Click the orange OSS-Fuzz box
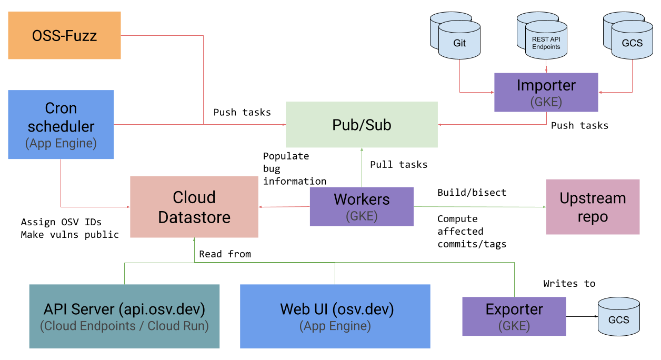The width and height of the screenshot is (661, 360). (64, 35)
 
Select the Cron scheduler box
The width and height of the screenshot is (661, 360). (61, 124)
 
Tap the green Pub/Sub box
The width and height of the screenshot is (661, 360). (362, 124)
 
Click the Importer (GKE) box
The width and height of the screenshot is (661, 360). (546, 92)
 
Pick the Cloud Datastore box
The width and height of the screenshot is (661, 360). (194, 207)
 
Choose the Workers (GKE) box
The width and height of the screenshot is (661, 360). (362, 206)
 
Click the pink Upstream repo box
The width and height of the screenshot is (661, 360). (593, 207)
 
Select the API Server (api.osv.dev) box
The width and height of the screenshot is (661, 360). (124, 316)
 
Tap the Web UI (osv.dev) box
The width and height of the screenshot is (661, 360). (335, 316)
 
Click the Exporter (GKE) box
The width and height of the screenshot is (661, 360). (514, 316)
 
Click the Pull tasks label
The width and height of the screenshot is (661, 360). (398, 165)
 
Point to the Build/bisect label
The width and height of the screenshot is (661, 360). (472, 193)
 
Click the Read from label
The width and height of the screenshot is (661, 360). (225, 254)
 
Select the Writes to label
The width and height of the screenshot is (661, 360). (569, 284)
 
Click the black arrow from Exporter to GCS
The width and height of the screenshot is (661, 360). (582, 317)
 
